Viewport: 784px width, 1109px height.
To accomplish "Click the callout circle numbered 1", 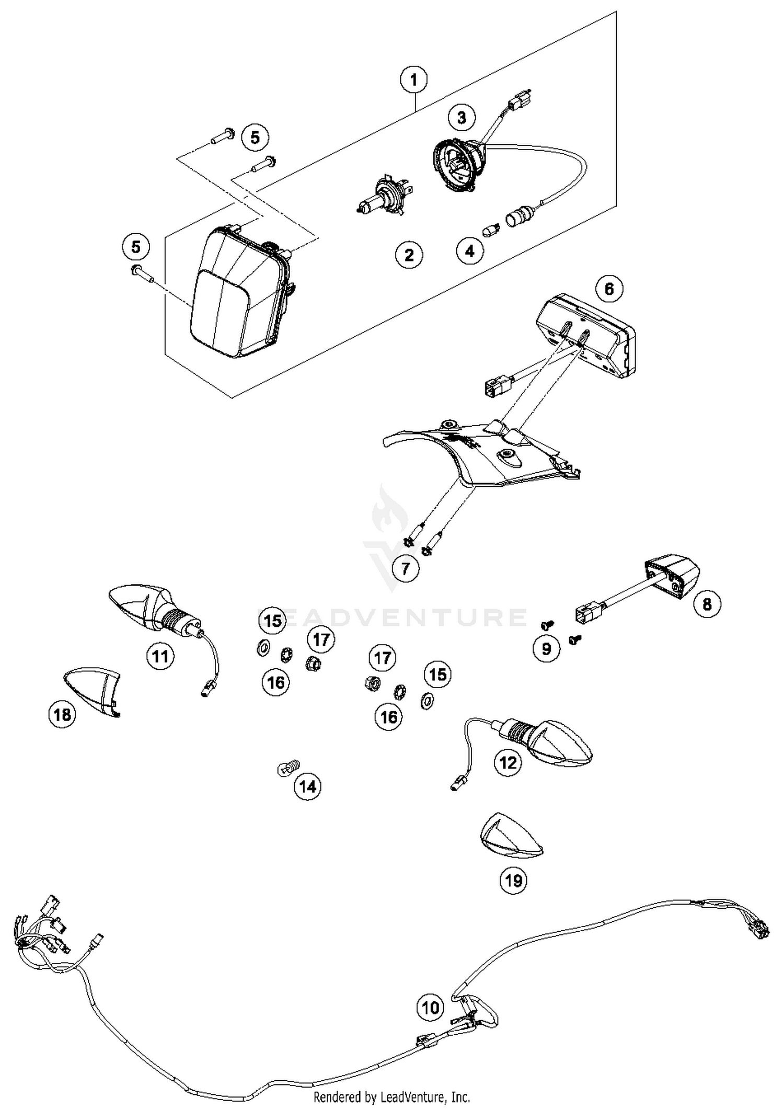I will (x=414, y=80).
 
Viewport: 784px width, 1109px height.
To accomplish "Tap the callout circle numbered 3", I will (x=462, y=117).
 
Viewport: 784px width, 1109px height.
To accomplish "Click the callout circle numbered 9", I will (x=546, y=648).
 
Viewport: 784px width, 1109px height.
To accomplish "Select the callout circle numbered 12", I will (x=508, y=763).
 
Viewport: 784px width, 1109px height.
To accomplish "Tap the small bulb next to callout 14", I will (x=288, y=768).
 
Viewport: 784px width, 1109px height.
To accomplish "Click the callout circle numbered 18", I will (x=62, y=714).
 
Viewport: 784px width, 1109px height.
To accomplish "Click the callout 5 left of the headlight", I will (x=136, y=246).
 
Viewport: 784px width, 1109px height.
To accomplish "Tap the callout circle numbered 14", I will (x=307, y=786).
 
